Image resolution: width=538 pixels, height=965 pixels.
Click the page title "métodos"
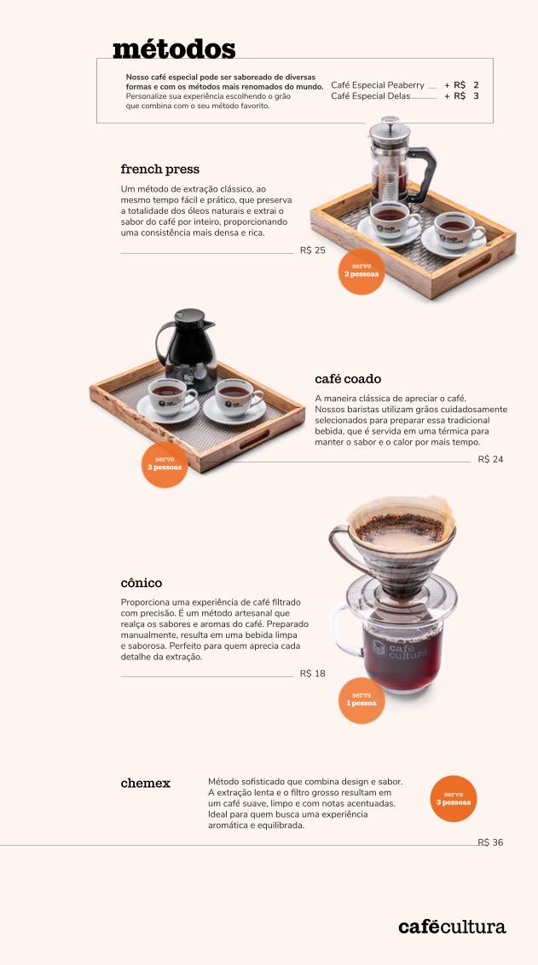pos(174,49)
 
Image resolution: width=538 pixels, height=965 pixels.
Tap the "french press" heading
pos(160,169)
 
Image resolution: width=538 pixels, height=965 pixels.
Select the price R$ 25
pos(312,250)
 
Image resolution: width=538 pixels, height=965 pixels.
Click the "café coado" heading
pos(348,379)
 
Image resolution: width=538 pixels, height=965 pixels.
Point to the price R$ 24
pos(490,460)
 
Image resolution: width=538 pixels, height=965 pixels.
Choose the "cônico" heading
pos(142,583)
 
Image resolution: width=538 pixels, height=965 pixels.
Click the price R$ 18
pos(312,674)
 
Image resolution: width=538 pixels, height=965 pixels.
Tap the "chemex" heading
pos(146,784)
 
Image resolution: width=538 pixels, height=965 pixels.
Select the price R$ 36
pos(490,842)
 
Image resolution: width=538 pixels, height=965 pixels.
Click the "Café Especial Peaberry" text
pos(378,85)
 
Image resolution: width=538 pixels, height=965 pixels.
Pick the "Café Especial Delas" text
pos(370,96)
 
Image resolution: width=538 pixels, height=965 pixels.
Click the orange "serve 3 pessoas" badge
pos(454,799)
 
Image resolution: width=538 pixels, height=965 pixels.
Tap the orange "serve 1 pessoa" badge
pos(362,700)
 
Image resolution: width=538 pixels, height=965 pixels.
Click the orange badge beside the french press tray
pos(362,272)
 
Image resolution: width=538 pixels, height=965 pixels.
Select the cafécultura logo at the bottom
pos(452,927)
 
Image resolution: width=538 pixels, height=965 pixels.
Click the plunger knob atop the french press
pos(390,120)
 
